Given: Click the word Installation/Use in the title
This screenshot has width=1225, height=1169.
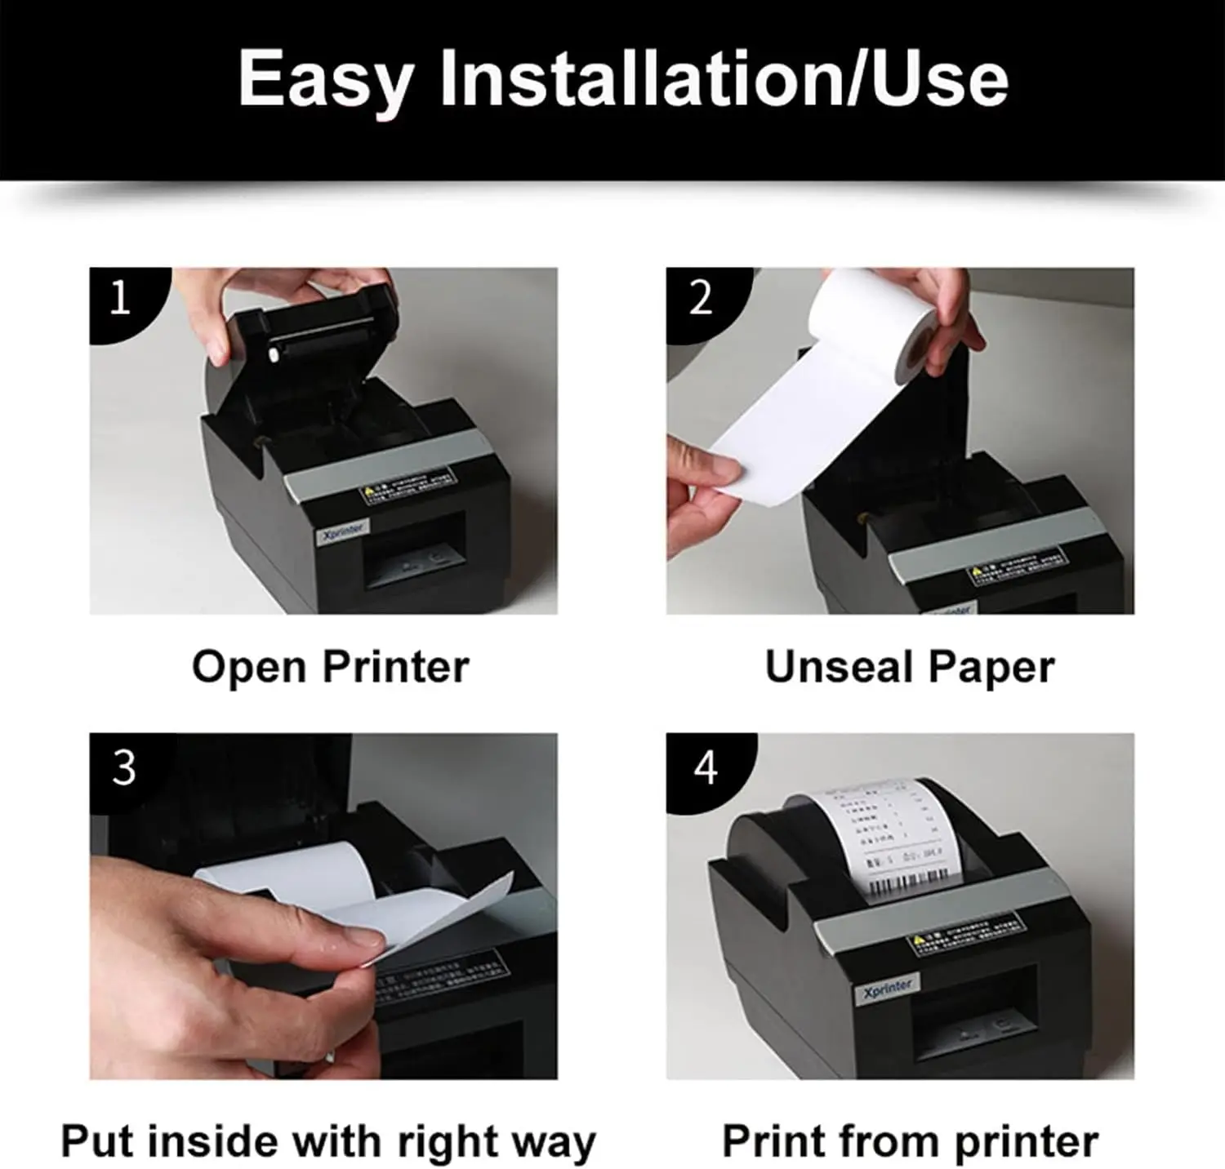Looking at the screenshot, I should (x=724, y=79).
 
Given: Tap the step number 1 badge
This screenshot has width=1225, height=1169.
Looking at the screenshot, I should (x=121, y=299).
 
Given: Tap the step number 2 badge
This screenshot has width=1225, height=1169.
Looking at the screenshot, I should (x=701, y=299).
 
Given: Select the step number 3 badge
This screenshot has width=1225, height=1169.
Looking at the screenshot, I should (x=123, y=768).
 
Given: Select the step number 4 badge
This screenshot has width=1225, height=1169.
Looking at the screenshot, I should (x=706, y=768).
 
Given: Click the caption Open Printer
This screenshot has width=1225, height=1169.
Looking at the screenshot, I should (x=330, y=667).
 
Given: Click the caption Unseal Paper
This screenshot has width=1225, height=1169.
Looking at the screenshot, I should (x=909, y=667).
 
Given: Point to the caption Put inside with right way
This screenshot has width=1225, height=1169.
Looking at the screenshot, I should (x=328, y=1140).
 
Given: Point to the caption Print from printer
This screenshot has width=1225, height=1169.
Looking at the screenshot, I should (x=910, y=1140).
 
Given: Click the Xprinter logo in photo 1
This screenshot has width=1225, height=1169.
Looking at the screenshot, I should (x=344, y=530).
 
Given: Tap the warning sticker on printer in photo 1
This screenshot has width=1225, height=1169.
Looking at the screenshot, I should (x=406, y=482).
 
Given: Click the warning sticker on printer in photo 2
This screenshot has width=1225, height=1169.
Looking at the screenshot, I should (x=1017, y=567).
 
